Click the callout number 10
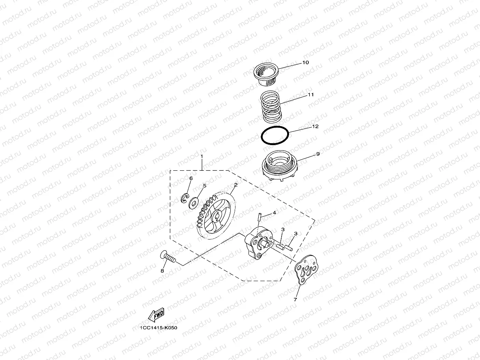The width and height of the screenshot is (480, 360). point(306,63)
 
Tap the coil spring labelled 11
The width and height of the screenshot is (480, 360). point(271,106)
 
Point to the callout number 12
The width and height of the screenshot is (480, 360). point(315,127)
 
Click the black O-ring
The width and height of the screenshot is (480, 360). point(275,136)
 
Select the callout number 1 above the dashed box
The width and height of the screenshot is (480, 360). point(202,157)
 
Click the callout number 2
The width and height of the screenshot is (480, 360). point(235,185)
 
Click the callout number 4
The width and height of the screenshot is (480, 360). point(275,213)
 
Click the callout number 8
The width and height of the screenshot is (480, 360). point(162,271)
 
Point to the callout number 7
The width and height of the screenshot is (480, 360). point(295,300)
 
